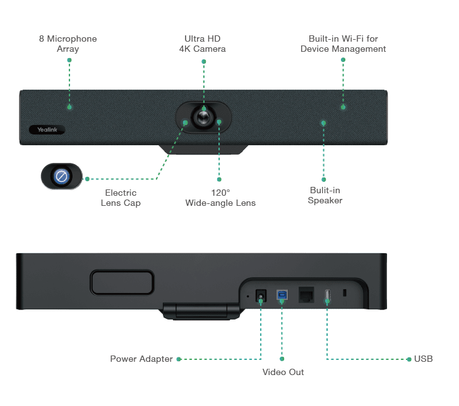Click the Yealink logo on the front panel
46,129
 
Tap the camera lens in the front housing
203,117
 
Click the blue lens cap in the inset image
61,177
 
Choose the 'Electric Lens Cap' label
120,197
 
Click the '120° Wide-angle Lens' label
220,197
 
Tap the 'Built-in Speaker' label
325,195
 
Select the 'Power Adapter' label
141,359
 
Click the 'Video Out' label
282,372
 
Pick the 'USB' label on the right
424,359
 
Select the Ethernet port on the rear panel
306,294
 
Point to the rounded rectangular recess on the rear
122,282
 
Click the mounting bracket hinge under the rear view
202,311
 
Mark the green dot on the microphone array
69,107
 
